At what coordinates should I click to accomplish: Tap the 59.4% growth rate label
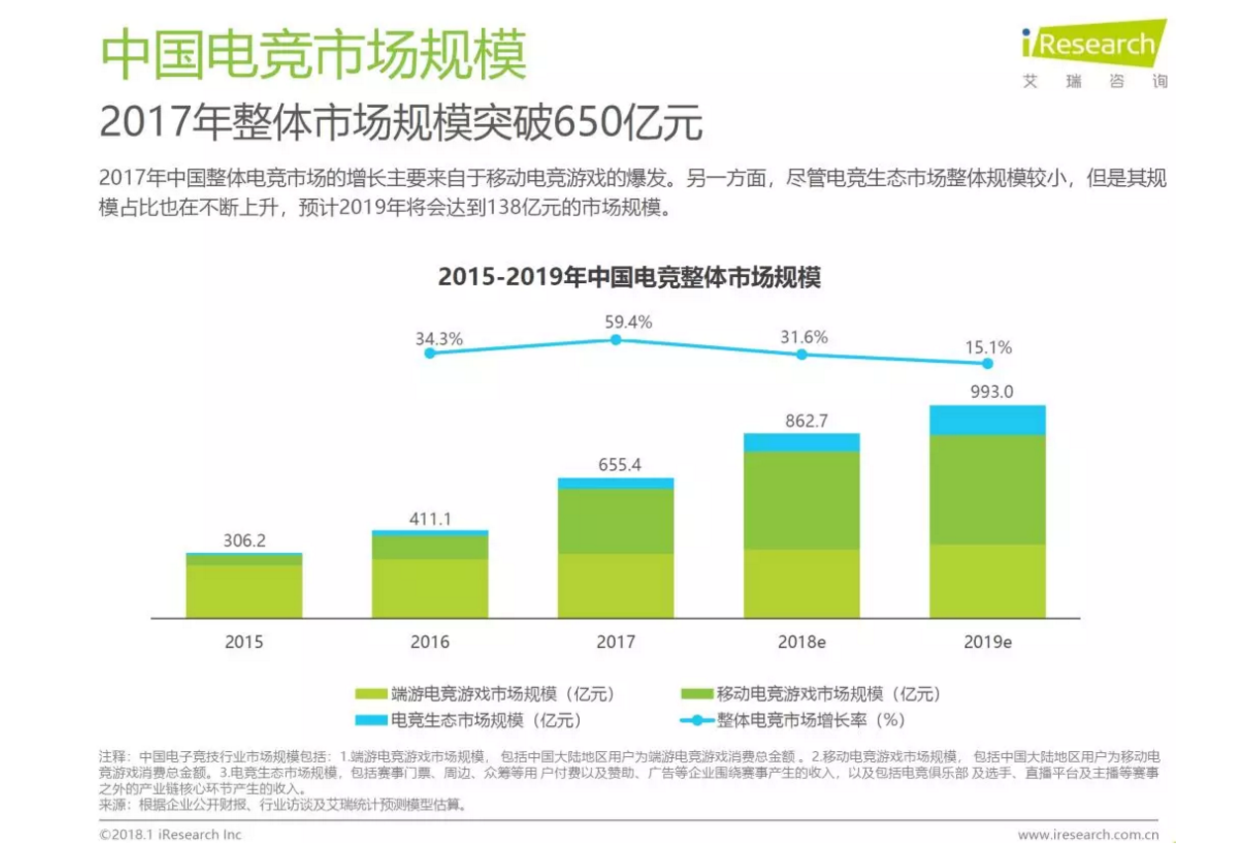[628, 323]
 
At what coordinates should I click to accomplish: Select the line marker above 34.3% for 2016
[430, 352]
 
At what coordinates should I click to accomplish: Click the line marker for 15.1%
[987, 363]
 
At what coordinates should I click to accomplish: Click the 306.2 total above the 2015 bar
[243, 541]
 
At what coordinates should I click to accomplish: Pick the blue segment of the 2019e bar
[987, 420]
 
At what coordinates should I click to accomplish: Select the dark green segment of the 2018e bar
[802, 500]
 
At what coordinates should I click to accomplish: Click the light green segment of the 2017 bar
[616, 586]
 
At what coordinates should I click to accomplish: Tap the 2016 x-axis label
[430, 642]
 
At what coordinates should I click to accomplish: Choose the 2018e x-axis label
[802, 642]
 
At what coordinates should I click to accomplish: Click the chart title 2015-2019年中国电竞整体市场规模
[629, 278]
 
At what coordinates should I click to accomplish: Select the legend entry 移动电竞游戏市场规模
[812, 694]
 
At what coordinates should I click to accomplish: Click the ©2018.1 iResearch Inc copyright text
[170, 835]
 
